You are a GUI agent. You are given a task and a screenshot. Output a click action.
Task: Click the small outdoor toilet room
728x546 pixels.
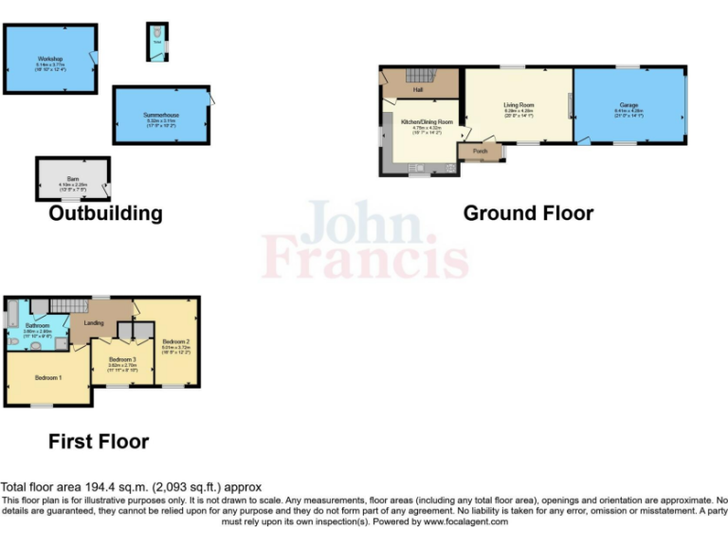[x=156, y=40]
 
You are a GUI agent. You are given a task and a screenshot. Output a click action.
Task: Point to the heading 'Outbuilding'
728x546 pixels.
[x=105, y=213]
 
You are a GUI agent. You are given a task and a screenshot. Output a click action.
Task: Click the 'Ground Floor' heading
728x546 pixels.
[x=528, y=213]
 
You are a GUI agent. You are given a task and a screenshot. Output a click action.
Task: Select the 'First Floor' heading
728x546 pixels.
[x=99, y=441]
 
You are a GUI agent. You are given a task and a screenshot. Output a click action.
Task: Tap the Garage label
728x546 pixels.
[x=628, y=104]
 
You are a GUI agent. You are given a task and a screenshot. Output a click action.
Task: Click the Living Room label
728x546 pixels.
[x=519, y=105]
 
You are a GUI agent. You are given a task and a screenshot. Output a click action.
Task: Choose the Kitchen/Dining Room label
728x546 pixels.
[x=427, y=122]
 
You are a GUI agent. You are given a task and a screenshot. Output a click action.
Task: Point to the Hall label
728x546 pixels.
[x=417, y=90]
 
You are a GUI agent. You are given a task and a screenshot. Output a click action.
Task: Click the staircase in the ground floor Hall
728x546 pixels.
[x=418, y=75]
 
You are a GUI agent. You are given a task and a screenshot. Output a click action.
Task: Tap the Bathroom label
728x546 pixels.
[x=37, y=325]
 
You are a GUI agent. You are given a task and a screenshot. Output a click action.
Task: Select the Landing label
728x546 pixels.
[x=94, y=323]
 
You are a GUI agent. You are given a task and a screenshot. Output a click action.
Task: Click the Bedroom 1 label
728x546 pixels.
[x=49, y=377]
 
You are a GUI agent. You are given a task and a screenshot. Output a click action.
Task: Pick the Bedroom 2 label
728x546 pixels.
[x=176, y=341]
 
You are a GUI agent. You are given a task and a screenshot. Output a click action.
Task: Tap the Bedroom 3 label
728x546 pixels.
[x=122, y=359]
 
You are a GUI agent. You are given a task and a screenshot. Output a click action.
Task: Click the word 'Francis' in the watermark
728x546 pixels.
[x=365, y=257]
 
